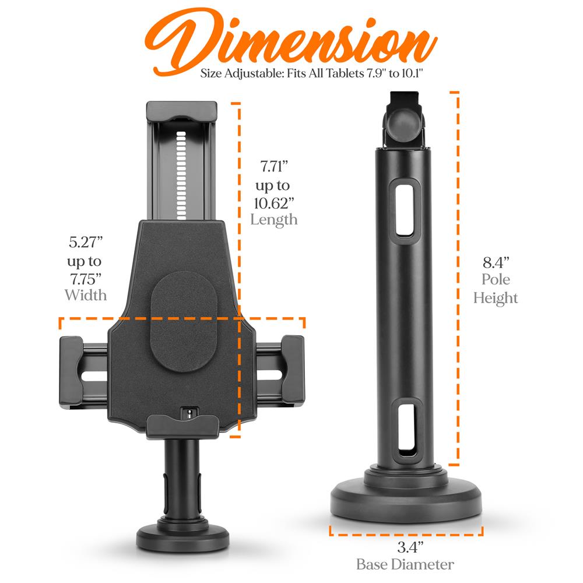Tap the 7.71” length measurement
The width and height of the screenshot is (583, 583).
pyautogui.click(x=274, y=166)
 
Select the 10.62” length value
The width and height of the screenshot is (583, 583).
pyautogui.click(x=274, y=203)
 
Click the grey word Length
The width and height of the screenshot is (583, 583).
pyautogui.click(x=274, y=220)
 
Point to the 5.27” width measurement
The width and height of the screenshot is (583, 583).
pyautogui.click(x=86, y=242)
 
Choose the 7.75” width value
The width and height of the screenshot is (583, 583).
pyautogui.click(x=86, y=279)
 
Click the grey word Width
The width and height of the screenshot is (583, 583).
pyautogui.click(x=86, y=295)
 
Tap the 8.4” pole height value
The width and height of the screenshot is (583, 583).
pyautogui.click(x=496, y=262)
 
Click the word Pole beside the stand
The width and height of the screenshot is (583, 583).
pyautogui.click(x=496, y=279)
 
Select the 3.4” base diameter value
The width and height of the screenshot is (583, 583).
pyautogui.click(x=410, y=547)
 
